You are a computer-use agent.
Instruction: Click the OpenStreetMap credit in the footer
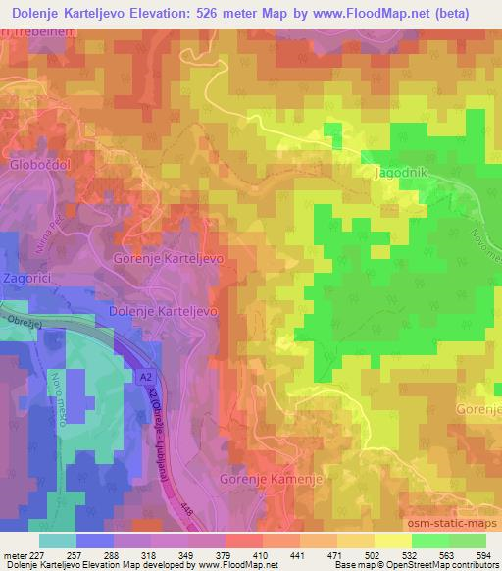click(x=448, y=565)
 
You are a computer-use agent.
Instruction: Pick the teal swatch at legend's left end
click(x=58, y=541)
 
